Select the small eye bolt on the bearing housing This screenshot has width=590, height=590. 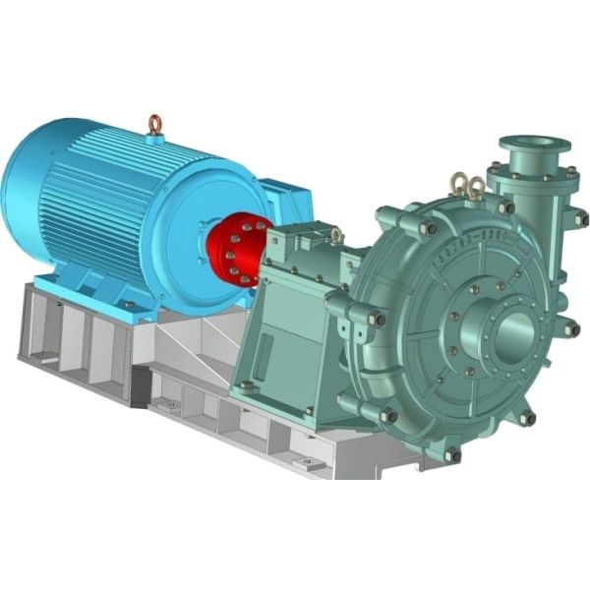click(x=335, y=234)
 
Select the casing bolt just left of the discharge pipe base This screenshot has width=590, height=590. click(x=506, y=207)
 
